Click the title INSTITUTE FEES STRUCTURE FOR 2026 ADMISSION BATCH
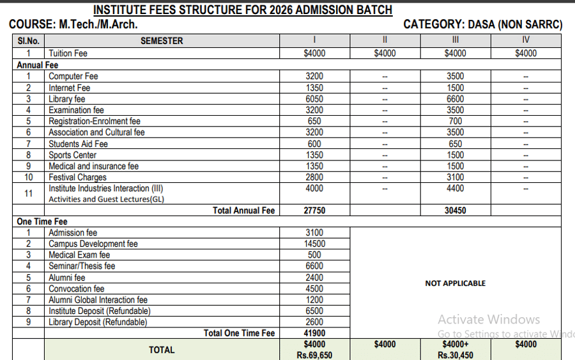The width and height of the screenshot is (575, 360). (243, 10)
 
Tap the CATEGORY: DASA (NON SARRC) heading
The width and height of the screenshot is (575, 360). (483, 25)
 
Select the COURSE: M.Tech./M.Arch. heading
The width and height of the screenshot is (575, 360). (73, 25)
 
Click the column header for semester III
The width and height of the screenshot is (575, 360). (455, 40)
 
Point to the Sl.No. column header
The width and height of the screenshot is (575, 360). (28, 40)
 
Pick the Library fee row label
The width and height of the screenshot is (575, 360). (67, 99)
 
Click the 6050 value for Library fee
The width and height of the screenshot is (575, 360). (314, 99)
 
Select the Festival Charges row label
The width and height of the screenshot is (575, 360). (78, 177)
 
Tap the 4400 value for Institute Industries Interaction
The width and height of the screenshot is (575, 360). (455, 189)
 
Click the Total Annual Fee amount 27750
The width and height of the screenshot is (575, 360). (314, 210)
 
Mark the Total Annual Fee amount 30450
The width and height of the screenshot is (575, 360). (455, 210)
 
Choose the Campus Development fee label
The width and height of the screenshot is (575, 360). (93, 244)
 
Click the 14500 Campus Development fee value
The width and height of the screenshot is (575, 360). (314, 244)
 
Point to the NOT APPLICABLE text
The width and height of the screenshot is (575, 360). (455, 283)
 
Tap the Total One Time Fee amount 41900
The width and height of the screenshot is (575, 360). (314, 333)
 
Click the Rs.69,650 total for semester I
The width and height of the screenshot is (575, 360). (314, 356)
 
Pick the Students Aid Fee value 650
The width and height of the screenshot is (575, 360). (455, 144)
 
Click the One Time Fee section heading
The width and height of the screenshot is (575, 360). (42, 222)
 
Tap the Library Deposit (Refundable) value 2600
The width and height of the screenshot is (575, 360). (314, 322)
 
